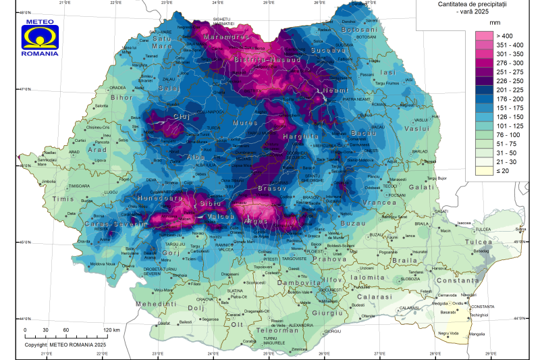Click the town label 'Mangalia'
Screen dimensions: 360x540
click(x=477, y=334)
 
